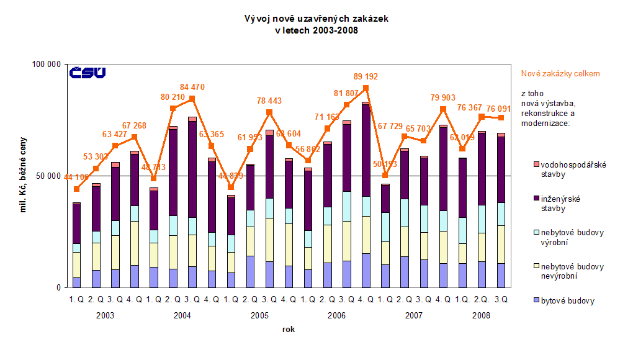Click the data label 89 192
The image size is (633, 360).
click(366, 77)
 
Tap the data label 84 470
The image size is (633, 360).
click(192, 87)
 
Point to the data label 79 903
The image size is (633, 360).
click(442, 97)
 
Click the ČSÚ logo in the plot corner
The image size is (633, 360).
click(88, 73)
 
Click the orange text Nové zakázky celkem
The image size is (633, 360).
click(560, 73)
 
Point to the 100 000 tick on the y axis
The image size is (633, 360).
click(45, 64)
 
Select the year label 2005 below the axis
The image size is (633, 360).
click(259, 315)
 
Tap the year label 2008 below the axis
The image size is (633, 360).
click(480, 315)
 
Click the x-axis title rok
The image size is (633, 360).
click(288, 329)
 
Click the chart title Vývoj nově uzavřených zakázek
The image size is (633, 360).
click(316, 19)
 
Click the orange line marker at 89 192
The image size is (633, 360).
click(366, 88)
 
